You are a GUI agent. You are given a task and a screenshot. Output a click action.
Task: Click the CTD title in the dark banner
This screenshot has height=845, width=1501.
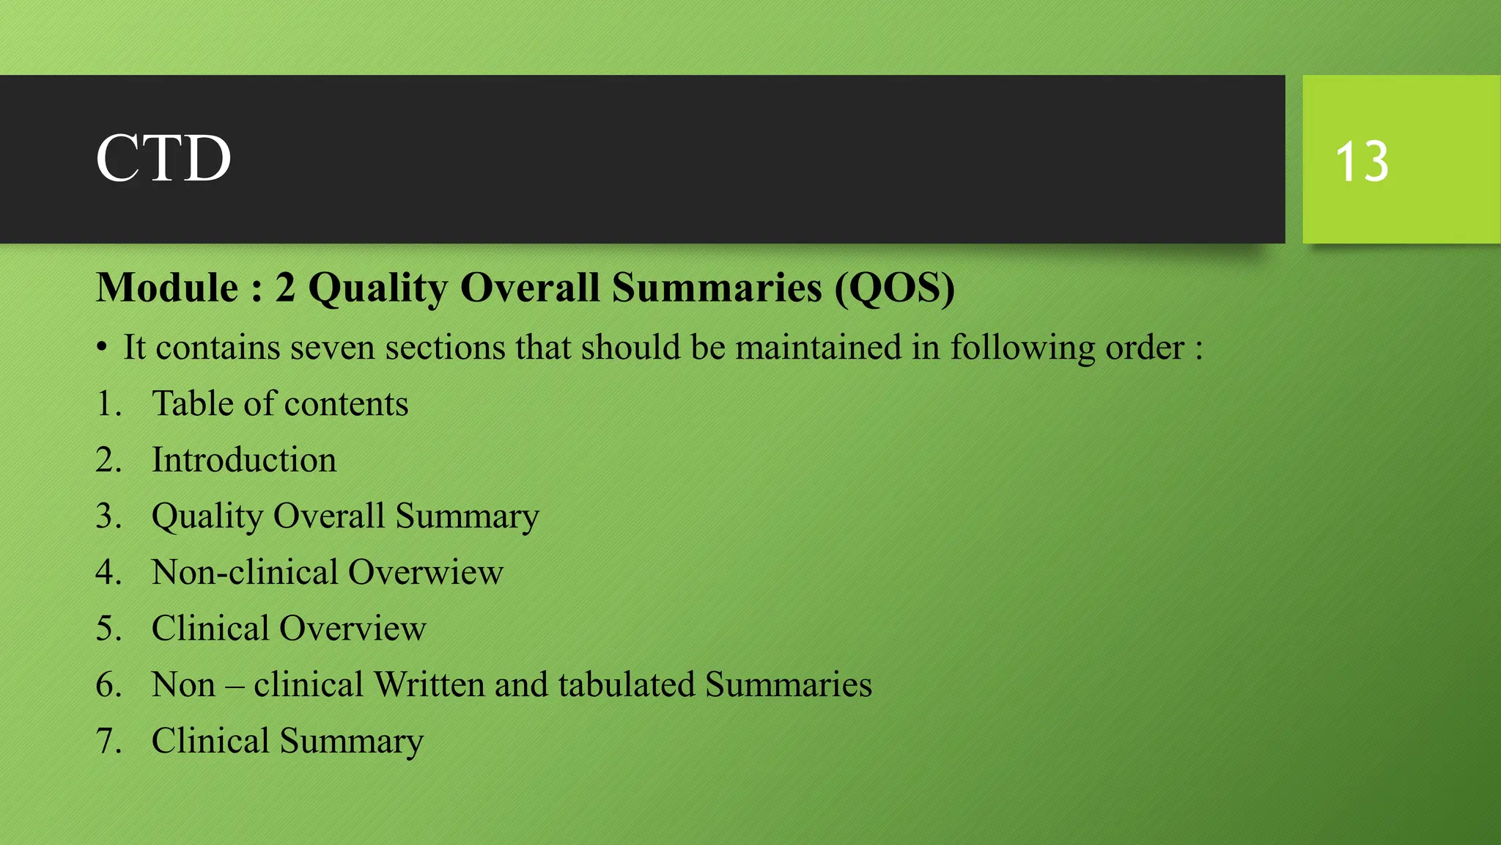163,158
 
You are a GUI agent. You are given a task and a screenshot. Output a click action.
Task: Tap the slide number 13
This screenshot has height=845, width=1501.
1362,161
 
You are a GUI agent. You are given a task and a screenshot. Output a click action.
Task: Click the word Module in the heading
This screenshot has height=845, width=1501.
167,288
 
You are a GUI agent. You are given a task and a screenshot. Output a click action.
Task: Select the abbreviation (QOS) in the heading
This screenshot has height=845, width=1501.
895,288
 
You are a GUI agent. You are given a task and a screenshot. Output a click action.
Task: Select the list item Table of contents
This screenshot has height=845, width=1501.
279,404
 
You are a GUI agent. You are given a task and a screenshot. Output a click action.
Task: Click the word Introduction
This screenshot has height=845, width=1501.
244,461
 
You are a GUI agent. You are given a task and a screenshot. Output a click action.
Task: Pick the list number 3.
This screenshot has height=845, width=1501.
107,516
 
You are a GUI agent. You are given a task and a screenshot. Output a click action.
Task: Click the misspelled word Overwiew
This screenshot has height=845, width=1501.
426,573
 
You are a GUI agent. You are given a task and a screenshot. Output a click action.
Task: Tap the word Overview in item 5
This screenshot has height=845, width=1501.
353,629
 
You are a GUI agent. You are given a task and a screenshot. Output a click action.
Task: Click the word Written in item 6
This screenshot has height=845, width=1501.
429,685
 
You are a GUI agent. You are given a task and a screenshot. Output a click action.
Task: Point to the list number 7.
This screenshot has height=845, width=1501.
107,742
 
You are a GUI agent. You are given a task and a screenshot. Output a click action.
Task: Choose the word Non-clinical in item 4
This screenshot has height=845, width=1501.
245,573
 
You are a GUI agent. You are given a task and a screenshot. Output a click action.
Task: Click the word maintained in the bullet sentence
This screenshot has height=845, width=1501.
818,348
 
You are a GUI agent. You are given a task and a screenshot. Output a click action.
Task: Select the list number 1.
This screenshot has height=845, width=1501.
107,404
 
